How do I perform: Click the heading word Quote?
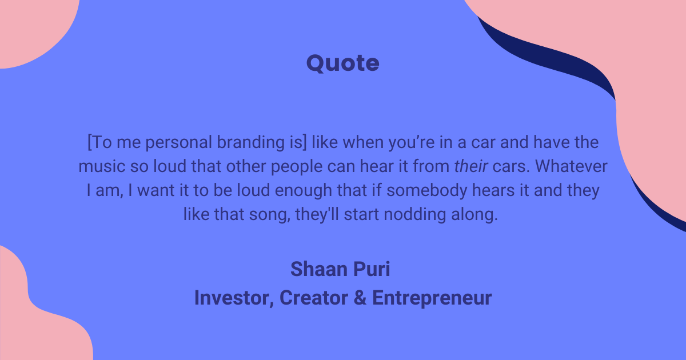pyautogui.click(x=342, y=63)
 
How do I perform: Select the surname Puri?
pyautogui.click(x=371, y=269)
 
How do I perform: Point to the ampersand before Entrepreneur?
pyautogui.click(x=360, y=298)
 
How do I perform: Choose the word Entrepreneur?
pyautogui.click(x=432, y=298)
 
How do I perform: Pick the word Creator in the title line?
pyautogui.click(x=313, y=298)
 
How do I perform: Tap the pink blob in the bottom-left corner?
pyautogui.click(x=34, y=320)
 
